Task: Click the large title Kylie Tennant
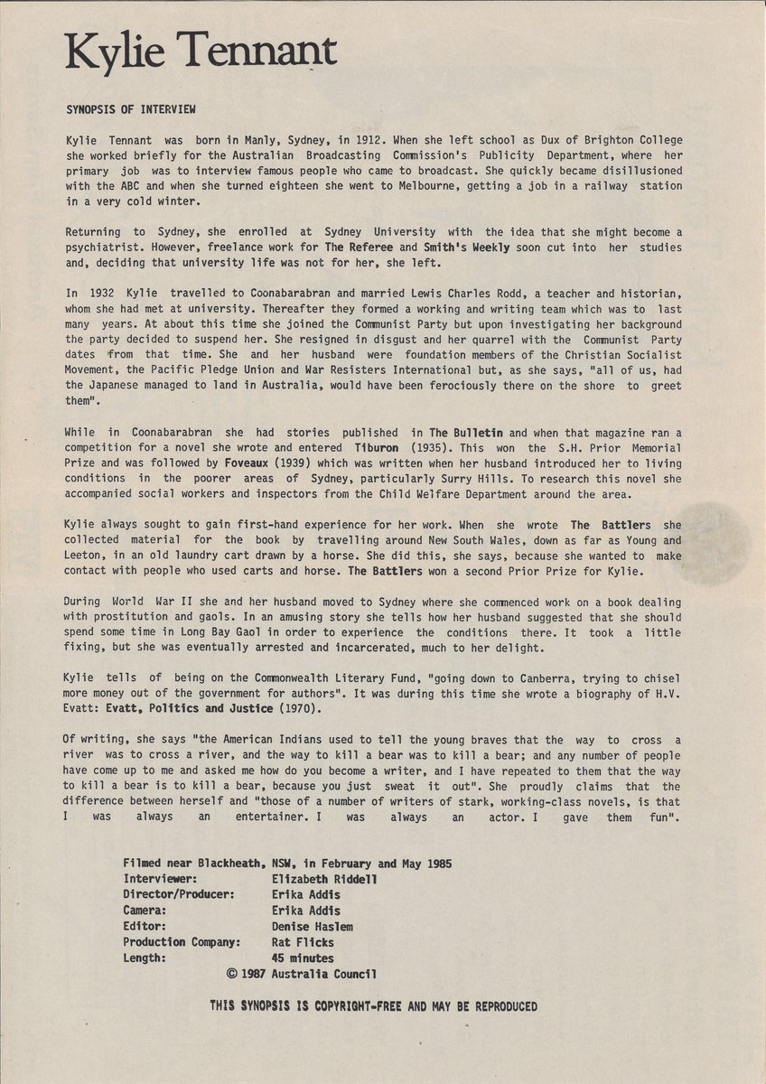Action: pos(201,53)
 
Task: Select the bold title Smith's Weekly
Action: pos(466,248)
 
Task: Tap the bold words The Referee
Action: pos(360,248)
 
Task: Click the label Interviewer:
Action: pos(161,879)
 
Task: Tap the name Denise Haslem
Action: pos(312,927)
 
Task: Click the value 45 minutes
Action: pos(303,958)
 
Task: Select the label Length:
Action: pos(145,958)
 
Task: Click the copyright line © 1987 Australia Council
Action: pos(302,975)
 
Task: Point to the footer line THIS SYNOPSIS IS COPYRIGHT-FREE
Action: pos(373,1006)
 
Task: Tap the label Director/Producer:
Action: pos(180,894)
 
